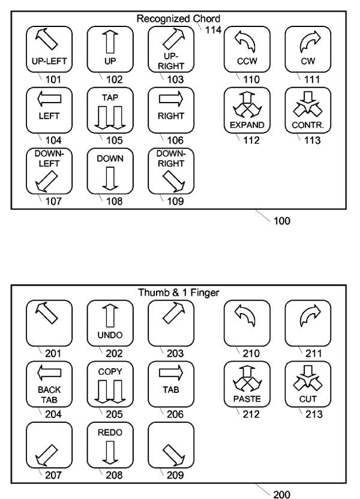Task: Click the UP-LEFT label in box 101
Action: click(49, 61)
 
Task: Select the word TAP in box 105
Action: click(110, 97)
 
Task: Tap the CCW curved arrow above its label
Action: click(245, 41)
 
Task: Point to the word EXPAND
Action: click(247, 125)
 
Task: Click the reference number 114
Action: click(213, 30)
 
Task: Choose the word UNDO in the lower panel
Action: click(110, 335)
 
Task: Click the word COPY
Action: click(110, 372)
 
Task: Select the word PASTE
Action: click(247, 399)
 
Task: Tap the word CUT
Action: click(308, 399)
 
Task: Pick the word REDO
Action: click(110, 432)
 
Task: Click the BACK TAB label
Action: click(49, 395)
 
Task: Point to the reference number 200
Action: click(281, 494)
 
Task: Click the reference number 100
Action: click(281, 221)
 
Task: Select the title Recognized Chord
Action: click(178, 19)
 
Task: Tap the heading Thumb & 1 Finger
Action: click(179, 293)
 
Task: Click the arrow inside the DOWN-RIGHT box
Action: click(174, 181)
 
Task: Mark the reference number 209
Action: click(175, 475)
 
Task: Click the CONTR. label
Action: click(308, 125)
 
